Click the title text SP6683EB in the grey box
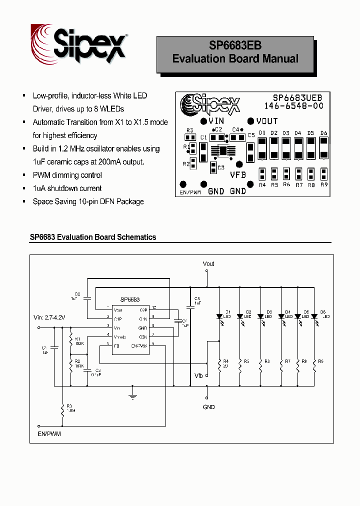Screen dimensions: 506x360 coord(235,45)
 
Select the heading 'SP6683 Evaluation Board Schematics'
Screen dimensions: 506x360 coord(92,237)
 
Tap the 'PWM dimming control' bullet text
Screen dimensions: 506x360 coord(67,175)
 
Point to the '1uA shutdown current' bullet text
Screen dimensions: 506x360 coord(67,188)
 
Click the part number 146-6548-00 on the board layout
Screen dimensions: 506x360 coord(294,106)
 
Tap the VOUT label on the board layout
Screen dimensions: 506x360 coord(267,121)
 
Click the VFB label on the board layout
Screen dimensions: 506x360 coord(238,175)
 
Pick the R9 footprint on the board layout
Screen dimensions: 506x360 coord(323,173)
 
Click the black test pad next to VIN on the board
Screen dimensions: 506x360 coord(203,121)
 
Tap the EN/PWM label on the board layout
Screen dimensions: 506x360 coord(189,192)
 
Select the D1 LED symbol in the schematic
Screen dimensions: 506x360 coord(219,316)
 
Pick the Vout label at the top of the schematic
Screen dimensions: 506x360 coord(208,263)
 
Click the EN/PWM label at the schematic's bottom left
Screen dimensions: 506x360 coord(49,433)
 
